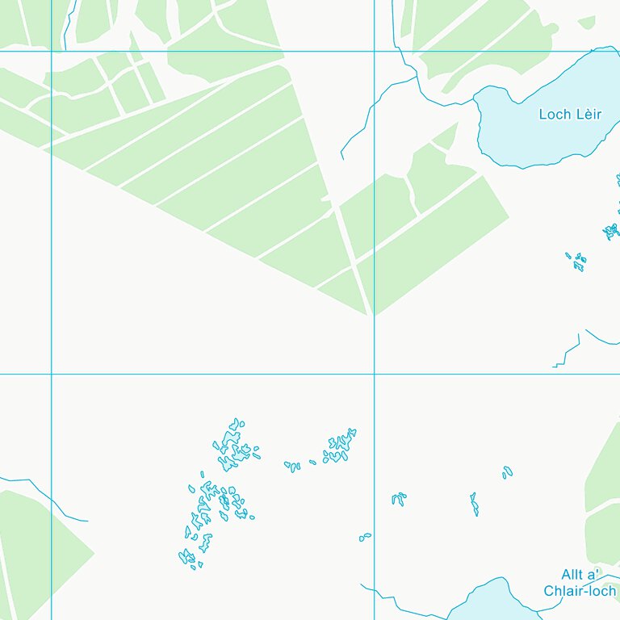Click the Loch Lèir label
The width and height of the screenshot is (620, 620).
570,115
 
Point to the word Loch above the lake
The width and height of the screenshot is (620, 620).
555,115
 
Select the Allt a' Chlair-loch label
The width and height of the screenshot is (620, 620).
580,583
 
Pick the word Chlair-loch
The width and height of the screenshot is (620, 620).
580,591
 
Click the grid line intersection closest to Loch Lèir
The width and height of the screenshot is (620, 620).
375,51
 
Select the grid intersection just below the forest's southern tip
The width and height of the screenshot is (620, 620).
375,374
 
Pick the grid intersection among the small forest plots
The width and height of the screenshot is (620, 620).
52,51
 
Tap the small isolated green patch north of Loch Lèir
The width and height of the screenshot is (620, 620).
587,22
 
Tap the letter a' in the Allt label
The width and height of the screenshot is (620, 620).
592,575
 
